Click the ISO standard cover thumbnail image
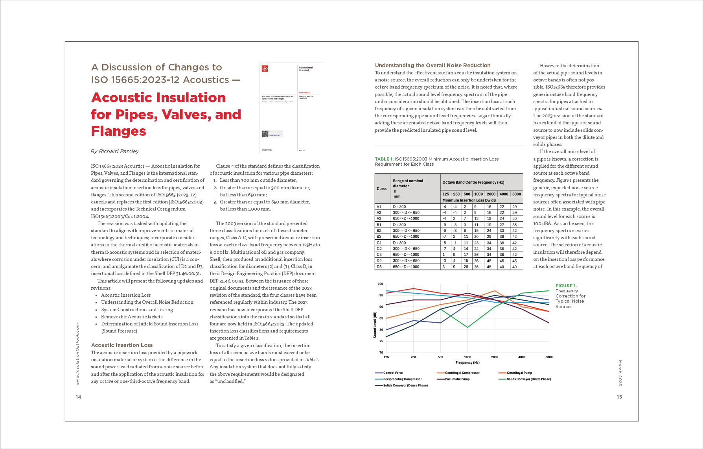(291, 108)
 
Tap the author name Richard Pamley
(115, 151)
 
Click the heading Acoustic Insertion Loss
(122, 345)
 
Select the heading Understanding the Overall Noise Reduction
(432, 65)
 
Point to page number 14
(78, 397)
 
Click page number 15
(619, 397)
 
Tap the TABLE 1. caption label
(384, 159)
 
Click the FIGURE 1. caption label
(566, 286)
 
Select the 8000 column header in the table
(517, 194)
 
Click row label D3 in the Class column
(379, 267)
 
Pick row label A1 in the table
(379, 207)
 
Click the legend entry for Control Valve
(393, 373)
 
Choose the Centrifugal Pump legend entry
(519, 373)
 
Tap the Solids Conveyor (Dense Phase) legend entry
(405, 385)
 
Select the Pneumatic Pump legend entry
(457, 379)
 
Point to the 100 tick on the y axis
(380, 284)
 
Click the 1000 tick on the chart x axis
(467, 357)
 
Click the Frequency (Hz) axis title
(467, 362)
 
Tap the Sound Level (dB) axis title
(375, 325)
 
